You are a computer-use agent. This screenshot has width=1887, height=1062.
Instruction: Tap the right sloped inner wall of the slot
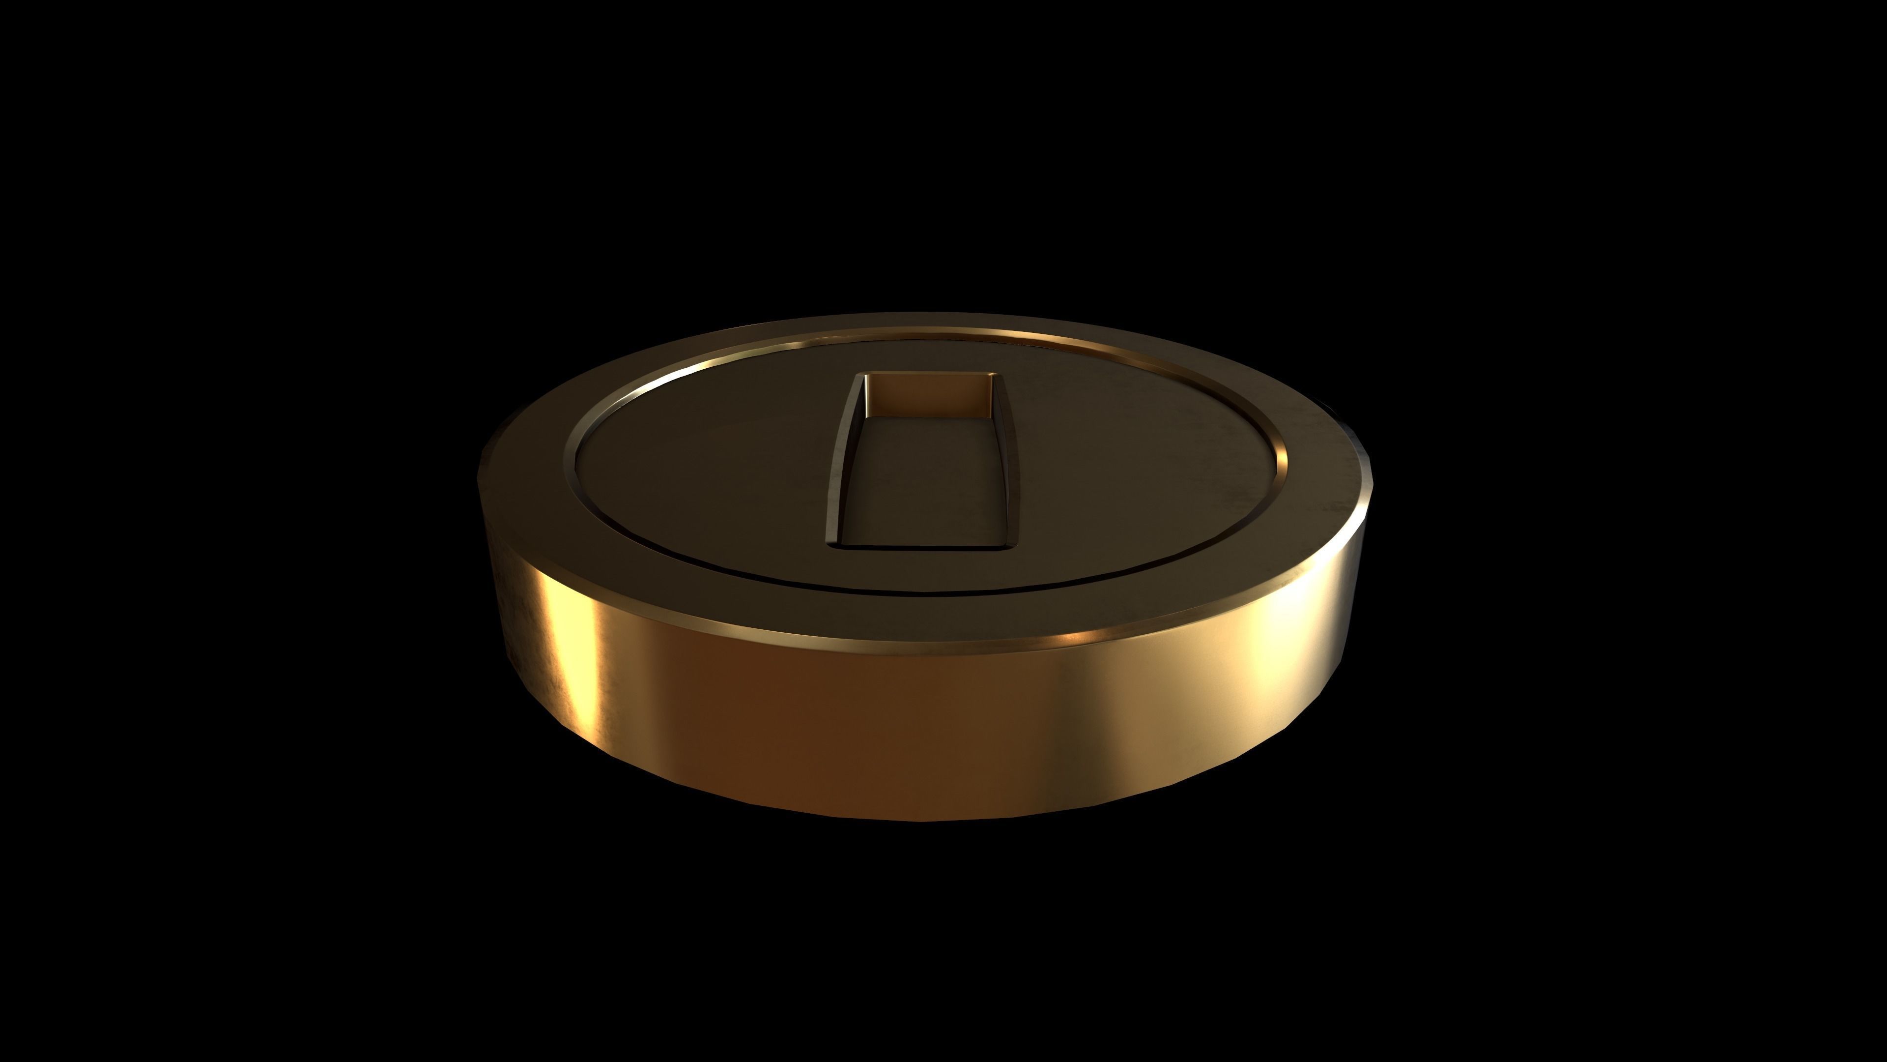(x=1009, y=462)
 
